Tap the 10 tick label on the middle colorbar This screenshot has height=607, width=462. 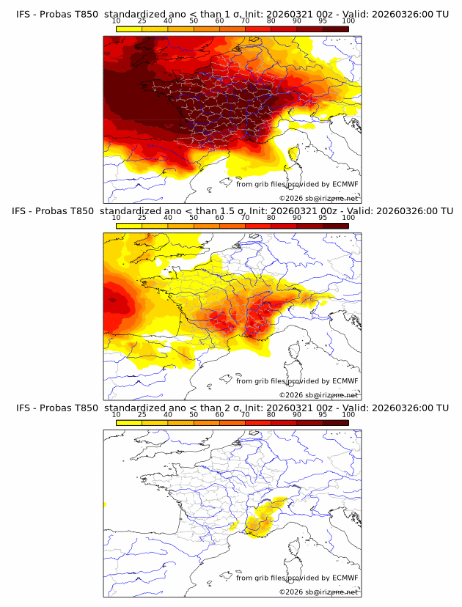[117, 218]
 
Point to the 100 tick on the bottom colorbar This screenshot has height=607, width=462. [348, 414]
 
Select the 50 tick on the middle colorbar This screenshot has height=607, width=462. [194, 218]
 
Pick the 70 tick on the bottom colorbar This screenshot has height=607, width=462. [245, 414]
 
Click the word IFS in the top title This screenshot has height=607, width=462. [24, 13]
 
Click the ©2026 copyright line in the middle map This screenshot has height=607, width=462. [318, 395]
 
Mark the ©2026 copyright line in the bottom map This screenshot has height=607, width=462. [318, 592]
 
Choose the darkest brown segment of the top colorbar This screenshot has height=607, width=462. [335, 29]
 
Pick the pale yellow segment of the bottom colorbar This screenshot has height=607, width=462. [129, 422]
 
